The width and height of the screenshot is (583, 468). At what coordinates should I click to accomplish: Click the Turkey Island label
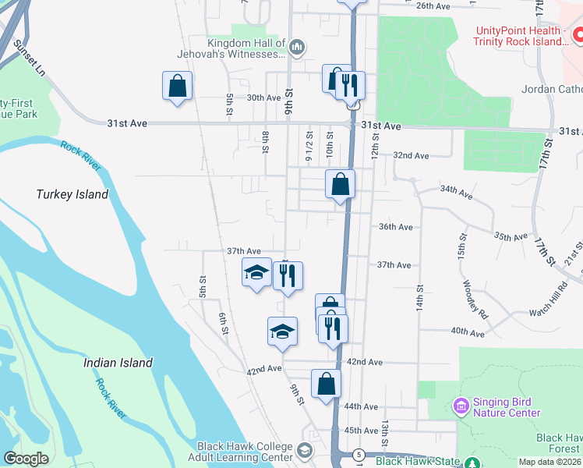click(72, 194)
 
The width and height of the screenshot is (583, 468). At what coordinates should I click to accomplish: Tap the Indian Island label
click(118, 363)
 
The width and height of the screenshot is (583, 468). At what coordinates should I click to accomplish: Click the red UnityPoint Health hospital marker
click(578, 35)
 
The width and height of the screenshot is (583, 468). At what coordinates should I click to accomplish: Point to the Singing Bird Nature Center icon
click(460, 406)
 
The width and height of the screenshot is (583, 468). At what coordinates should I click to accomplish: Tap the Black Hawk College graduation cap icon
click(304, 450)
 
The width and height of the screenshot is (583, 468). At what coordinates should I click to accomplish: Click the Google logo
click(26, 459)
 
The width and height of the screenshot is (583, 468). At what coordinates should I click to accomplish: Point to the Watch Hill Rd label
click(535, 306)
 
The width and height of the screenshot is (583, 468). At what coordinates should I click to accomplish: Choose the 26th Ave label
click(435, 5)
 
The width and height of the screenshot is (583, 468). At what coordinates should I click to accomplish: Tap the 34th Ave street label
click(457, 190)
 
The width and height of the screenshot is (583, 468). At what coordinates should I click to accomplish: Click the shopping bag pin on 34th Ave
click(340, 186)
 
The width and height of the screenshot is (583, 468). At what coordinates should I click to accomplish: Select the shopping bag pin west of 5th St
click(177, 86)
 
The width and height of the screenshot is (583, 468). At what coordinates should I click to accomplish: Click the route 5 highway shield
click(358, 454)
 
